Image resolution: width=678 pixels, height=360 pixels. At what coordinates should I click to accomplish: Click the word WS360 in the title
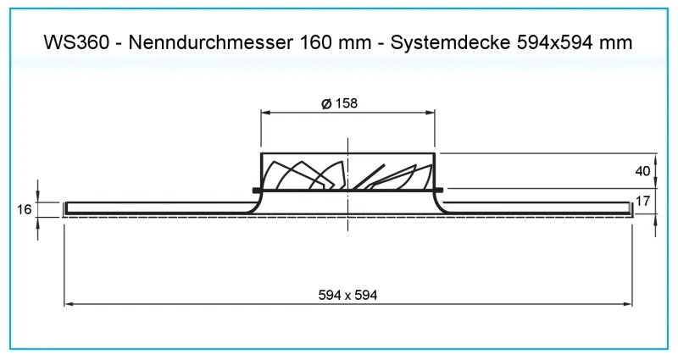coord(77,42)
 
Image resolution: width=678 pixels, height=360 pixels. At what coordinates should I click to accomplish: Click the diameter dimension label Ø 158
coord(339,103)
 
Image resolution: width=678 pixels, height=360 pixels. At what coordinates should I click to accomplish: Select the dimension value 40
coord(643,171)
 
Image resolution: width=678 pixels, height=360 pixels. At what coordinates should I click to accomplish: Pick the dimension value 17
coord(643,202)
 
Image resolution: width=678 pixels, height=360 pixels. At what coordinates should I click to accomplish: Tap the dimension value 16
coord(23,208)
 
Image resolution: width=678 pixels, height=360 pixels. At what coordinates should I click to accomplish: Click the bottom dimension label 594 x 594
coord(347,295)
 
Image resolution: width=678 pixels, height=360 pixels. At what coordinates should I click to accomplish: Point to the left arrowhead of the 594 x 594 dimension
coord(69,303)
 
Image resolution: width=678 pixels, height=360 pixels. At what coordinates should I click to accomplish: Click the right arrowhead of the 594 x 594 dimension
coord(628,303)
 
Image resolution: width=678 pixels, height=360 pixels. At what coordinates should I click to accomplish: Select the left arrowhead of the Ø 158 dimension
coord(264,113)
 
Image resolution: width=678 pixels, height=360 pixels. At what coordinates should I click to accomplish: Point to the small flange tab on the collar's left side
coord(256,188)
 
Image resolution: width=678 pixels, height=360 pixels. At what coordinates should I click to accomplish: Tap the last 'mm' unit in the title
coord(618,42)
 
